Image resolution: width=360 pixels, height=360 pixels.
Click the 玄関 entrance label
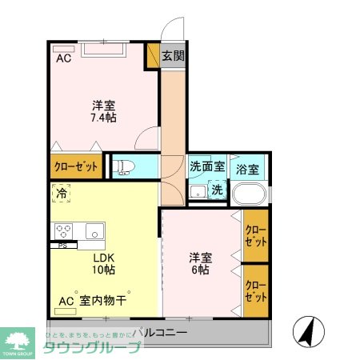coord(173,56)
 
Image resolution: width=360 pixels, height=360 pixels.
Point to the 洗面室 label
coord(206,168)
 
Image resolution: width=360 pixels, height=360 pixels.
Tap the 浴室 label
coord(247,170)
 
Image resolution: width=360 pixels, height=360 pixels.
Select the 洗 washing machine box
coord(217,190)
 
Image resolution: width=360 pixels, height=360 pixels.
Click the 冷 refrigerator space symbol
coord(62,193)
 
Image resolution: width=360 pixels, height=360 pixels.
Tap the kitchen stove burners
coord(64,230)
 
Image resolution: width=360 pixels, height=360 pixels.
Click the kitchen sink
coord(94,230)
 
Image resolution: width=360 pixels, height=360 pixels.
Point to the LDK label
coord(104,258)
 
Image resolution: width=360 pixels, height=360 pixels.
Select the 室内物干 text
coord(105,301)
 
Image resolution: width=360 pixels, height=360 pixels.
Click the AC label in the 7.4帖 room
coord(63,58)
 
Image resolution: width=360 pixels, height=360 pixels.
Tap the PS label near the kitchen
coord(62,245)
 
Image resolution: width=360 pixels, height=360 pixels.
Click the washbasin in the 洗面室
coord(198,192)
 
